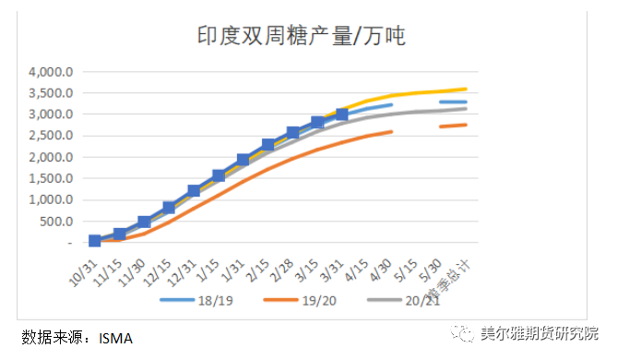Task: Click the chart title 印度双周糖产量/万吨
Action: point(302,36)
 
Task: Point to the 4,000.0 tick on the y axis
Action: point(49,72)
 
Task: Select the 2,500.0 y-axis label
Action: point(49,136)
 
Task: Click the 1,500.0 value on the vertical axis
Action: point(49,178)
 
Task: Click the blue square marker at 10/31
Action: point(95,241)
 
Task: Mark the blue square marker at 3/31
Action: point(342,114)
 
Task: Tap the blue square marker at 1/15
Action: point(219,175)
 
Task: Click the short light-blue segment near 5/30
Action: point(453,102)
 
